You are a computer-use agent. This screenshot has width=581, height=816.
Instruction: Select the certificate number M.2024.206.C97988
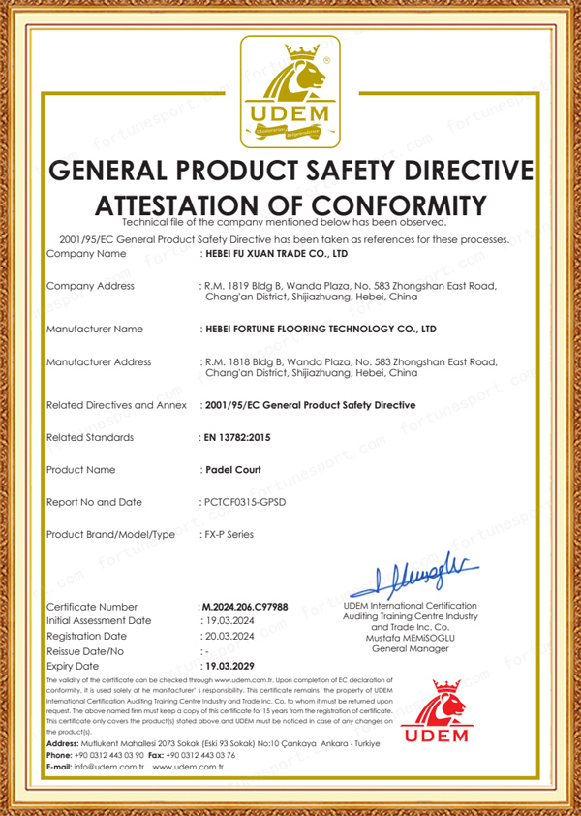[244, 606]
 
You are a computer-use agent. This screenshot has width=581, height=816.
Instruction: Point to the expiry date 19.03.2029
[229, 667]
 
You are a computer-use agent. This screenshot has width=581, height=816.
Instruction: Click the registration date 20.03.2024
[228, 636]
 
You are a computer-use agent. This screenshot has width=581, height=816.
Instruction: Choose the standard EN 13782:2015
[236, 437]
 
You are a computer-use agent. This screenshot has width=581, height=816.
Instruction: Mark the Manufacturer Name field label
[95, 329]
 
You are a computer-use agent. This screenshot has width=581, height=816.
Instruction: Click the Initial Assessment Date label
[99, 620]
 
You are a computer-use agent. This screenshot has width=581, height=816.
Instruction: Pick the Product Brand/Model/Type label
[110, 534]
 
